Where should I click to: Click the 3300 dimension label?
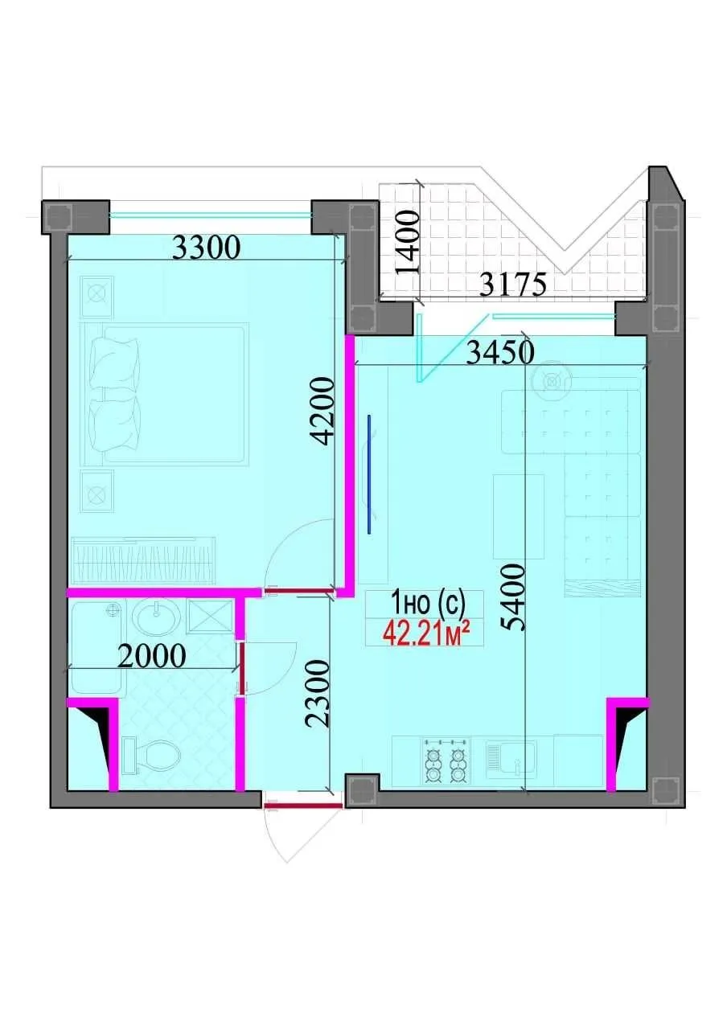coord(207,248)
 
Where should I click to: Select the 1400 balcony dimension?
coord(409,243)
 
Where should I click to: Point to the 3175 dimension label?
coord(513,284)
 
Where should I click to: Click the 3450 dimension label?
coord(494,351)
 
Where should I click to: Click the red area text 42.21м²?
coord(426,634)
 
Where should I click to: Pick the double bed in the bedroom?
coord(165,394)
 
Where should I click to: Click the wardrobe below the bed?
coord(144,560)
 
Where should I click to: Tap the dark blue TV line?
coord(370,474)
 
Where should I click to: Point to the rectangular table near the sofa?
coord(519,515)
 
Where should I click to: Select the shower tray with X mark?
coord(210,617)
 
